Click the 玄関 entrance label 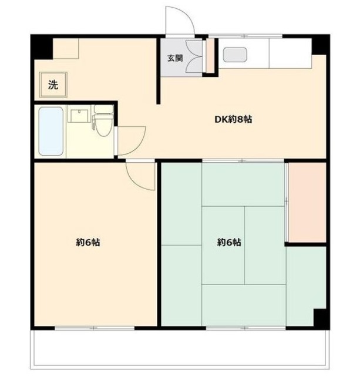175,58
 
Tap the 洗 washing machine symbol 53,85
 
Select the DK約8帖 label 233,119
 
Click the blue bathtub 51,131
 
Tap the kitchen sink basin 235,55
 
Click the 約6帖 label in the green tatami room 229,243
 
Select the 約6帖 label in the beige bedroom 88,243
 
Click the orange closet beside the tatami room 307,203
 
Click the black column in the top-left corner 42,47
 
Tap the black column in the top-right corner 321,45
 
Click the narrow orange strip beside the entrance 210,55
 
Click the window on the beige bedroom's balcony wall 94,328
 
